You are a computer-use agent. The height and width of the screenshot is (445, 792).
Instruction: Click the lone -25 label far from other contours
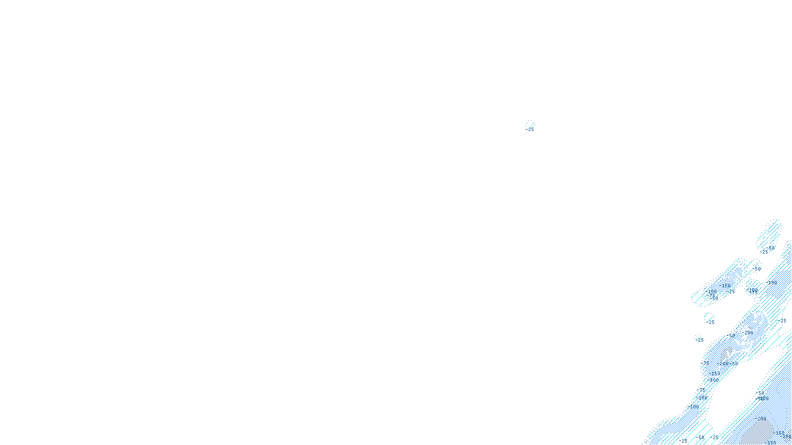530,130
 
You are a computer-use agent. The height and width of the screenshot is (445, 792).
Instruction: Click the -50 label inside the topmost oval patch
771,248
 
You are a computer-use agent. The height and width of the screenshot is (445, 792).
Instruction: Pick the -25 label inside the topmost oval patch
765,252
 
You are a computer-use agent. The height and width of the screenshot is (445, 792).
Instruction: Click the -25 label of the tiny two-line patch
711,322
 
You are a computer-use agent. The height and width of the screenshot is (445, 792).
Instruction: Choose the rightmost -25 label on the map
782,321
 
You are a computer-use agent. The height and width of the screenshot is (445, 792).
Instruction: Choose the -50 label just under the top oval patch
757,269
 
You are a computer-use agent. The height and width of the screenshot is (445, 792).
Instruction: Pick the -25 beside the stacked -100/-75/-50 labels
731,292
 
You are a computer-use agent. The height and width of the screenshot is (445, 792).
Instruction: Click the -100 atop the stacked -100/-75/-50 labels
712,291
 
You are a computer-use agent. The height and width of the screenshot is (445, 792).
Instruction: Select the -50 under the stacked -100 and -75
714,299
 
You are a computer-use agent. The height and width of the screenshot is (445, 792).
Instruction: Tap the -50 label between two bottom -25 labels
699,437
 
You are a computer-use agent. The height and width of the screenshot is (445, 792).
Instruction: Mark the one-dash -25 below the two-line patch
700,340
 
